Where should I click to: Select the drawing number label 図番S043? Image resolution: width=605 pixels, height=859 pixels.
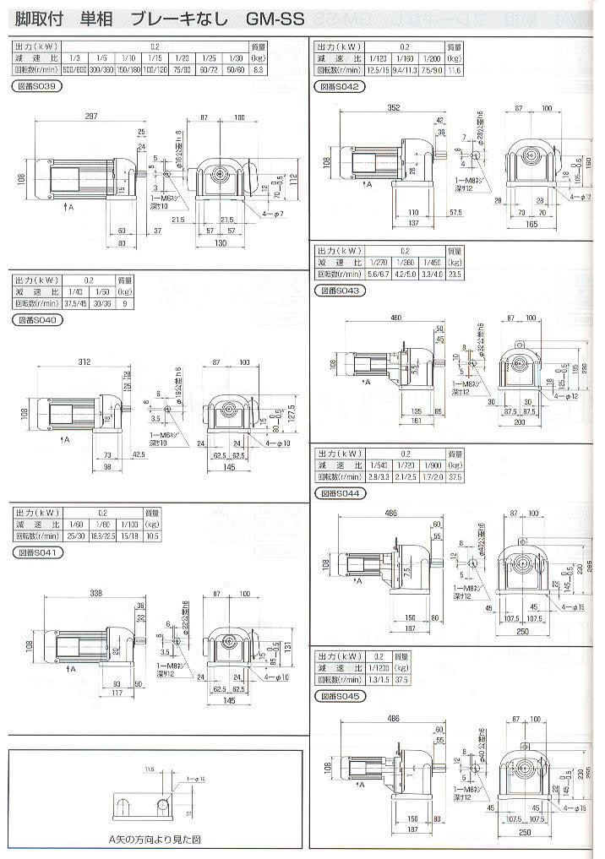click(340, 291)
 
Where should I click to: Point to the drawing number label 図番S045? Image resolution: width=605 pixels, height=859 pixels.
click(340, 697)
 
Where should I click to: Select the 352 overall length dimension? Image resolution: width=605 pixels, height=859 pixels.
click(369, 107)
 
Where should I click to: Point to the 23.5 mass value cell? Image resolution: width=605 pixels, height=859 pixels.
click(455, 275)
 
